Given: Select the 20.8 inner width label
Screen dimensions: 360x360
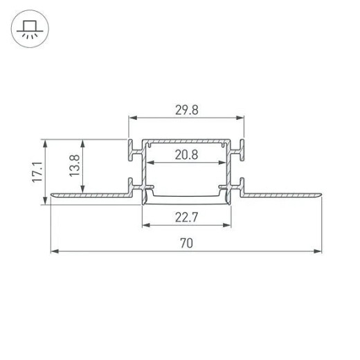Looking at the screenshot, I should pyautogui.click(x=186, y=155).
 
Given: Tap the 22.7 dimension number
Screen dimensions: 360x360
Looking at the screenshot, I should pyautogui.click(x=186, y=217).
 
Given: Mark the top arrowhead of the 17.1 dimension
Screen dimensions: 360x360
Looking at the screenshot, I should pyautogui.click(x=46, y=143).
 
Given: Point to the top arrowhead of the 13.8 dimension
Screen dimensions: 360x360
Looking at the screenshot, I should pyautogui.click(x=84, y=143).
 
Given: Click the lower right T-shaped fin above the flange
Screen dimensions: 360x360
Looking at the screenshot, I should pyautogui.click(x=242, y=186).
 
